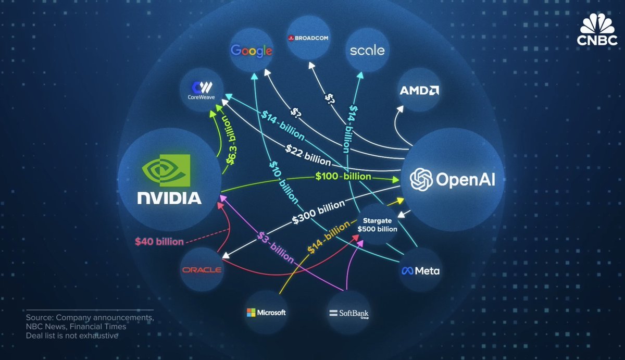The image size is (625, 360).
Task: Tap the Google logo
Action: pyautogui.click(x=252, y=51)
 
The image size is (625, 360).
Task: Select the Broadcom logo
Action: pyautogui.click(x=307, y=38)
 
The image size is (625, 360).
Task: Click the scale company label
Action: pyautogui.click(x=367, y=51)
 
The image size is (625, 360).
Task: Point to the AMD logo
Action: pyautogui.click(x=419, y=91)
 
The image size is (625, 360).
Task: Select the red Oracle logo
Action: pyautogui.click(x=202, y=270)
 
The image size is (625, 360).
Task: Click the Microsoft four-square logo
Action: pyautogui.click(x=252, y=313)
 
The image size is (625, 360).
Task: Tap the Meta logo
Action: pyautogui.click(x=420, y=271)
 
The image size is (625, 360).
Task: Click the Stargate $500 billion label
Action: pyautogui.click(x=377, y=225)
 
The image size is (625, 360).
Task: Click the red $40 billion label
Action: pyautogui.click(x=159, y=242)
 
